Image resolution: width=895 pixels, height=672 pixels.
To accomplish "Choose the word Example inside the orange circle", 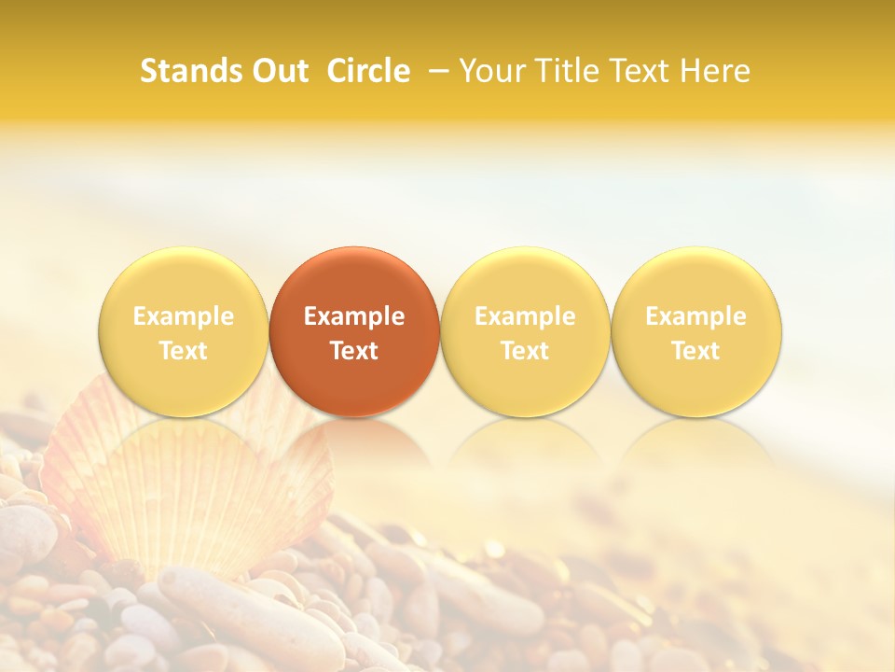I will click(354, 316).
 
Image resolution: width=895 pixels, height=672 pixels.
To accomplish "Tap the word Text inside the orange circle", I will click(354, 351).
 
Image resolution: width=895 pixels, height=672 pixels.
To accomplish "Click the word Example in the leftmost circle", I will click(184, 316).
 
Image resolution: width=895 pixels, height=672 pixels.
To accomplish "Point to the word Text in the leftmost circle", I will click(184, 351).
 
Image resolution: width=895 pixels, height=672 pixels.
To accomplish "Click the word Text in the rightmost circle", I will click(696, 351).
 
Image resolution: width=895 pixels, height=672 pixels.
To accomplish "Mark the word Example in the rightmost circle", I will click(696, 316).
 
